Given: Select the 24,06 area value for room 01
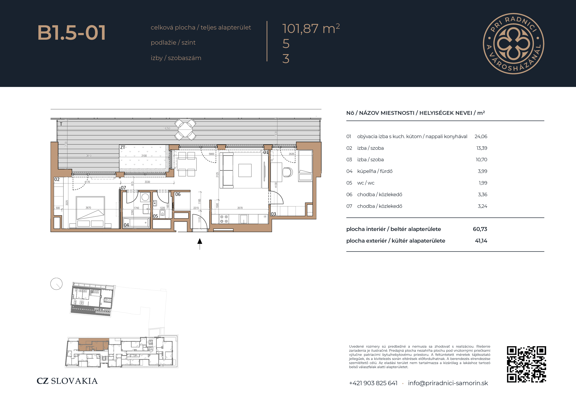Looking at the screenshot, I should point(481,137).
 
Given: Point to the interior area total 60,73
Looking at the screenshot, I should point(480,229).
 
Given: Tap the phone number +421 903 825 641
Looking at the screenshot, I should point(373,383).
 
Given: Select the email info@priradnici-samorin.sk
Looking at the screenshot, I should point(448,383).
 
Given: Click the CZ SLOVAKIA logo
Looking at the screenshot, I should point(67,381).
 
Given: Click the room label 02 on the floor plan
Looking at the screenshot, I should point(57,179).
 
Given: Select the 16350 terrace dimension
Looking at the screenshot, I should point(167,128).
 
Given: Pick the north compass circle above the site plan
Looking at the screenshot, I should point(56,284).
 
